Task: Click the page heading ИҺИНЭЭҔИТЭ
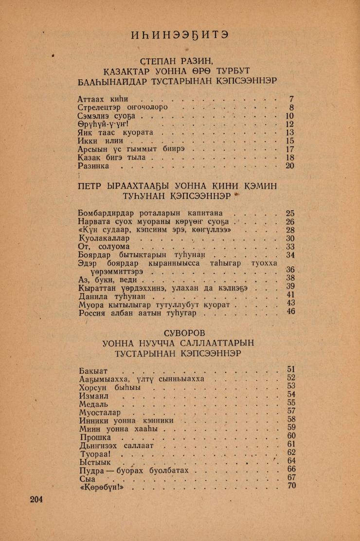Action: coord(180,35)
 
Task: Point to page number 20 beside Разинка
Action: coord(290,166)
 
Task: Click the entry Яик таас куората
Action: coord(115,133)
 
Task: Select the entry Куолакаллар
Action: coord(103,239)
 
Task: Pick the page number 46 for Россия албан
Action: coord(291,312)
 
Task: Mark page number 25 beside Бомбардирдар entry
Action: coord(290,213)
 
